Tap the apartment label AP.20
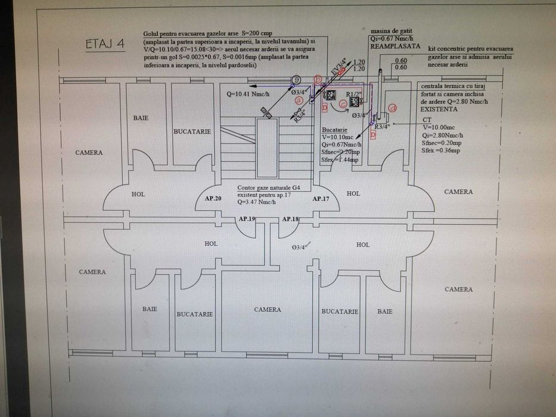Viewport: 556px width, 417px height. click(213, 198)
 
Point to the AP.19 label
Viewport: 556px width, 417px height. click(247, 219)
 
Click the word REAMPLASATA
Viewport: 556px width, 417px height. click(396, 46)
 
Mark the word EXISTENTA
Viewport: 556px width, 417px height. click(439, 110)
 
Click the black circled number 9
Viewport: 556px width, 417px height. click(296, 79)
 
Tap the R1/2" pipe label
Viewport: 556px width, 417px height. click(354, 94)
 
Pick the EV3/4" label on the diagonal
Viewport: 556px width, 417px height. click(338, 67)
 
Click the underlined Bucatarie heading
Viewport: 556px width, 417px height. click(334, 129)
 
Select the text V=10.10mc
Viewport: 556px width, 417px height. click(337, 137)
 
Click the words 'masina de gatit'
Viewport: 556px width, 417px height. click(391, 30)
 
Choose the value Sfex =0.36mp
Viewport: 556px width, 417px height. click(440, 151)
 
